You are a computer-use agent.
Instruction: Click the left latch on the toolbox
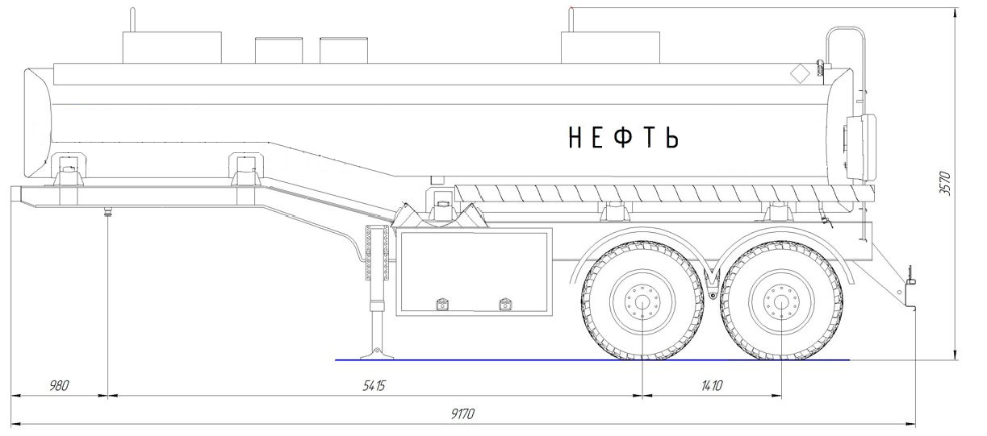click(x=442, y=305)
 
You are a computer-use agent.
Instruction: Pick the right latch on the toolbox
click(x=506, y=305)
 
